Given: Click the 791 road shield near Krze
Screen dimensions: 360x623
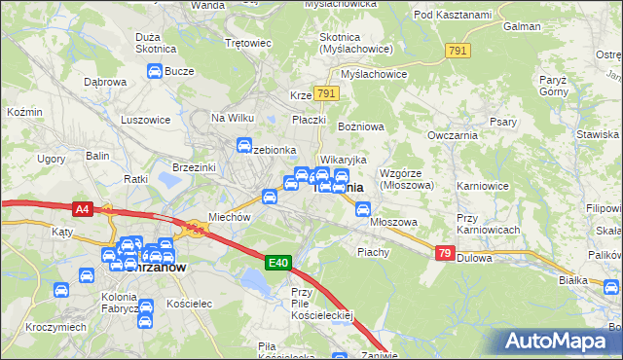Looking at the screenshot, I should (326, 94).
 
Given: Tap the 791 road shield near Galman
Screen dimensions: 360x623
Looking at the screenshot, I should (458, 51).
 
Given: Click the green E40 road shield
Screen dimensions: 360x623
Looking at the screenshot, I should (278, 263).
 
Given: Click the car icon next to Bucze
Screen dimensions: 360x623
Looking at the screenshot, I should (155, 71).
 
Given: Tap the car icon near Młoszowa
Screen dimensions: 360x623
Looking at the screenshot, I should (363, 208).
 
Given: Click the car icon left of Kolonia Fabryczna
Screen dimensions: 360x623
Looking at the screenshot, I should (60, 290).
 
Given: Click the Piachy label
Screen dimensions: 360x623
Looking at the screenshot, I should (373, 251).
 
